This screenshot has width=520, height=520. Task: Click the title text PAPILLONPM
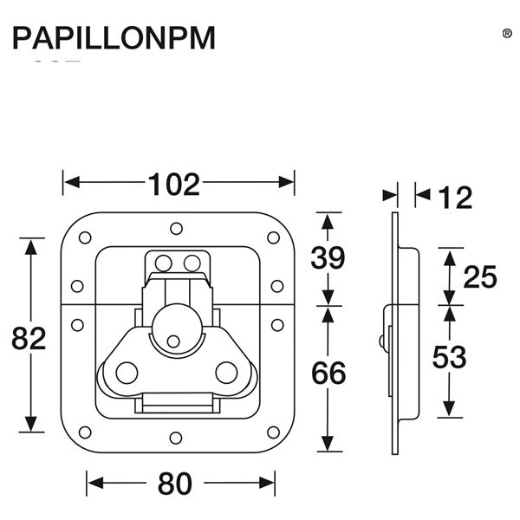(x=113, y=39)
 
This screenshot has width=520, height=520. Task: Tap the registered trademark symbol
(x=507, y=33)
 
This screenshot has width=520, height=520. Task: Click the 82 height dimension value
(x=29, y=339)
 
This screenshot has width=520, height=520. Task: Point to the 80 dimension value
(x=175, y=484)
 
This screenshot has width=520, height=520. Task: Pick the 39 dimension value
(x=327, y=258)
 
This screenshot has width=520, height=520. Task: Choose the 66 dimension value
(x=327, y=374)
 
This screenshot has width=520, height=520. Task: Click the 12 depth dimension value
(x=454, y=198)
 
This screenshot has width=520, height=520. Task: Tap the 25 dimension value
(x=479, y=277)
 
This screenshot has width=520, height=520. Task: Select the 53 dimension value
(x=448, y=357)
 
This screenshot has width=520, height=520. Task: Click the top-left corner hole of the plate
(x=84, y=237)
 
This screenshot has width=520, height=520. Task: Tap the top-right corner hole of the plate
(x=273, y=237)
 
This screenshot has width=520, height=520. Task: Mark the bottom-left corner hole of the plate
(x=84, y=432)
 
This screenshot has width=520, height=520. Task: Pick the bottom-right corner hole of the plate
(x=273, y=432)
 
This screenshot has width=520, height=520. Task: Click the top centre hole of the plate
(x=176, y=228)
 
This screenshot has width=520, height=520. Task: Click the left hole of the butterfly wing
(x=127, y=373)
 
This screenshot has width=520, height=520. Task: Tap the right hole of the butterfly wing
(x=226, y=373)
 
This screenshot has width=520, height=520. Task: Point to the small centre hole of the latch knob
(x=176, y=341)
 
